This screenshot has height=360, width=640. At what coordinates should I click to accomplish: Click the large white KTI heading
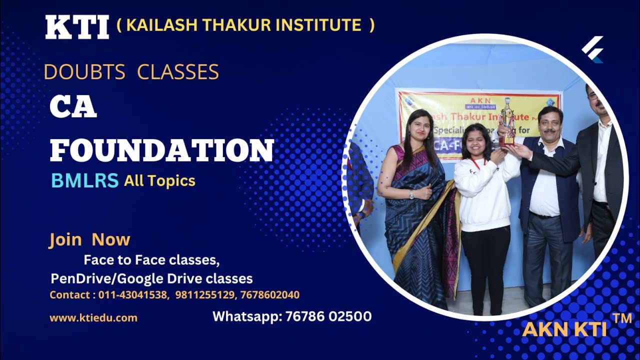coord(77,27)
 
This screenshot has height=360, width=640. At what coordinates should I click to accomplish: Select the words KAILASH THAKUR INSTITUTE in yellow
coord(243,24)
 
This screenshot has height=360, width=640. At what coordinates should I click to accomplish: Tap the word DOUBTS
coord(84,72)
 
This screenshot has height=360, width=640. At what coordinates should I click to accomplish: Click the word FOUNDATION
coord(162,149)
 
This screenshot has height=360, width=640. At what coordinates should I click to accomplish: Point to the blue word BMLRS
coord(84,180)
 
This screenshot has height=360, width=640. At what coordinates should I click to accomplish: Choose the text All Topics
coord(159,181)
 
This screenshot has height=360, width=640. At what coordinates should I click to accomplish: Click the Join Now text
coord(89,239)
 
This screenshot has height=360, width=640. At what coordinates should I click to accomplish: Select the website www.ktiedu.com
coord(93,317)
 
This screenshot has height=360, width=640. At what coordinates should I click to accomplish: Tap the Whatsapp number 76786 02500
coord(328,316)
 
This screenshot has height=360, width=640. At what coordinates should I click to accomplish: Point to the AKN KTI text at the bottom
coord(564,329)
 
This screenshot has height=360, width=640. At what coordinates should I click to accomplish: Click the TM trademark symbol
coord(621,317)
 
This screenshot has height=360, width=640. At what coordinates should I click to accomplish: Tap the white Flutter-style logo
coord(593,48)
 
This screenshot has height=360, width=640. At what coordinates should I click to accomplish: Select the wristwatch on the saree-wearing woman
coord(411,194)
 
